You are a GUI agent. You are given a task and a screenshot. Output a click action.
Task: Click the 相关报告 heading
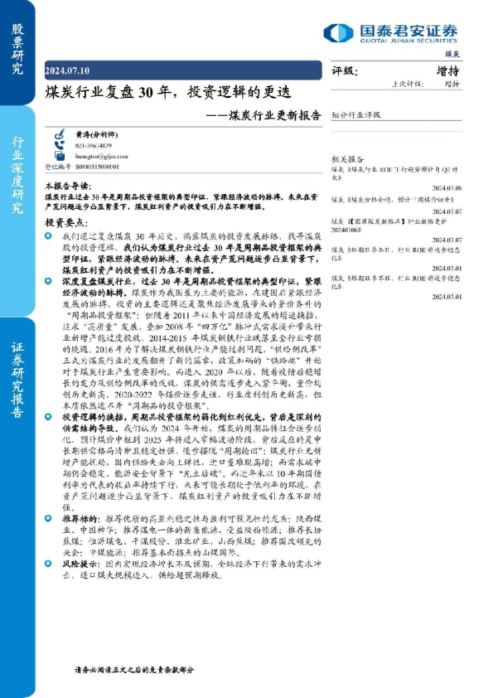(x=346, y=158)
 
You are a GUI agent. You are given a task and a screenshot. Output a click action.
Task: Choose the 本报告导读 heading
(x=68, y=187)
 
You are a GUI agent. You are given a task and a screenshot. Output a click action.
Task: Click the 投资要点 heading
(x=65, y=224)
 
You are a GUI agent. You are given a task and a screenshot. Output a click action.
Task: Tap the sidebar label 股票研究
(x=17, y=50)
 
